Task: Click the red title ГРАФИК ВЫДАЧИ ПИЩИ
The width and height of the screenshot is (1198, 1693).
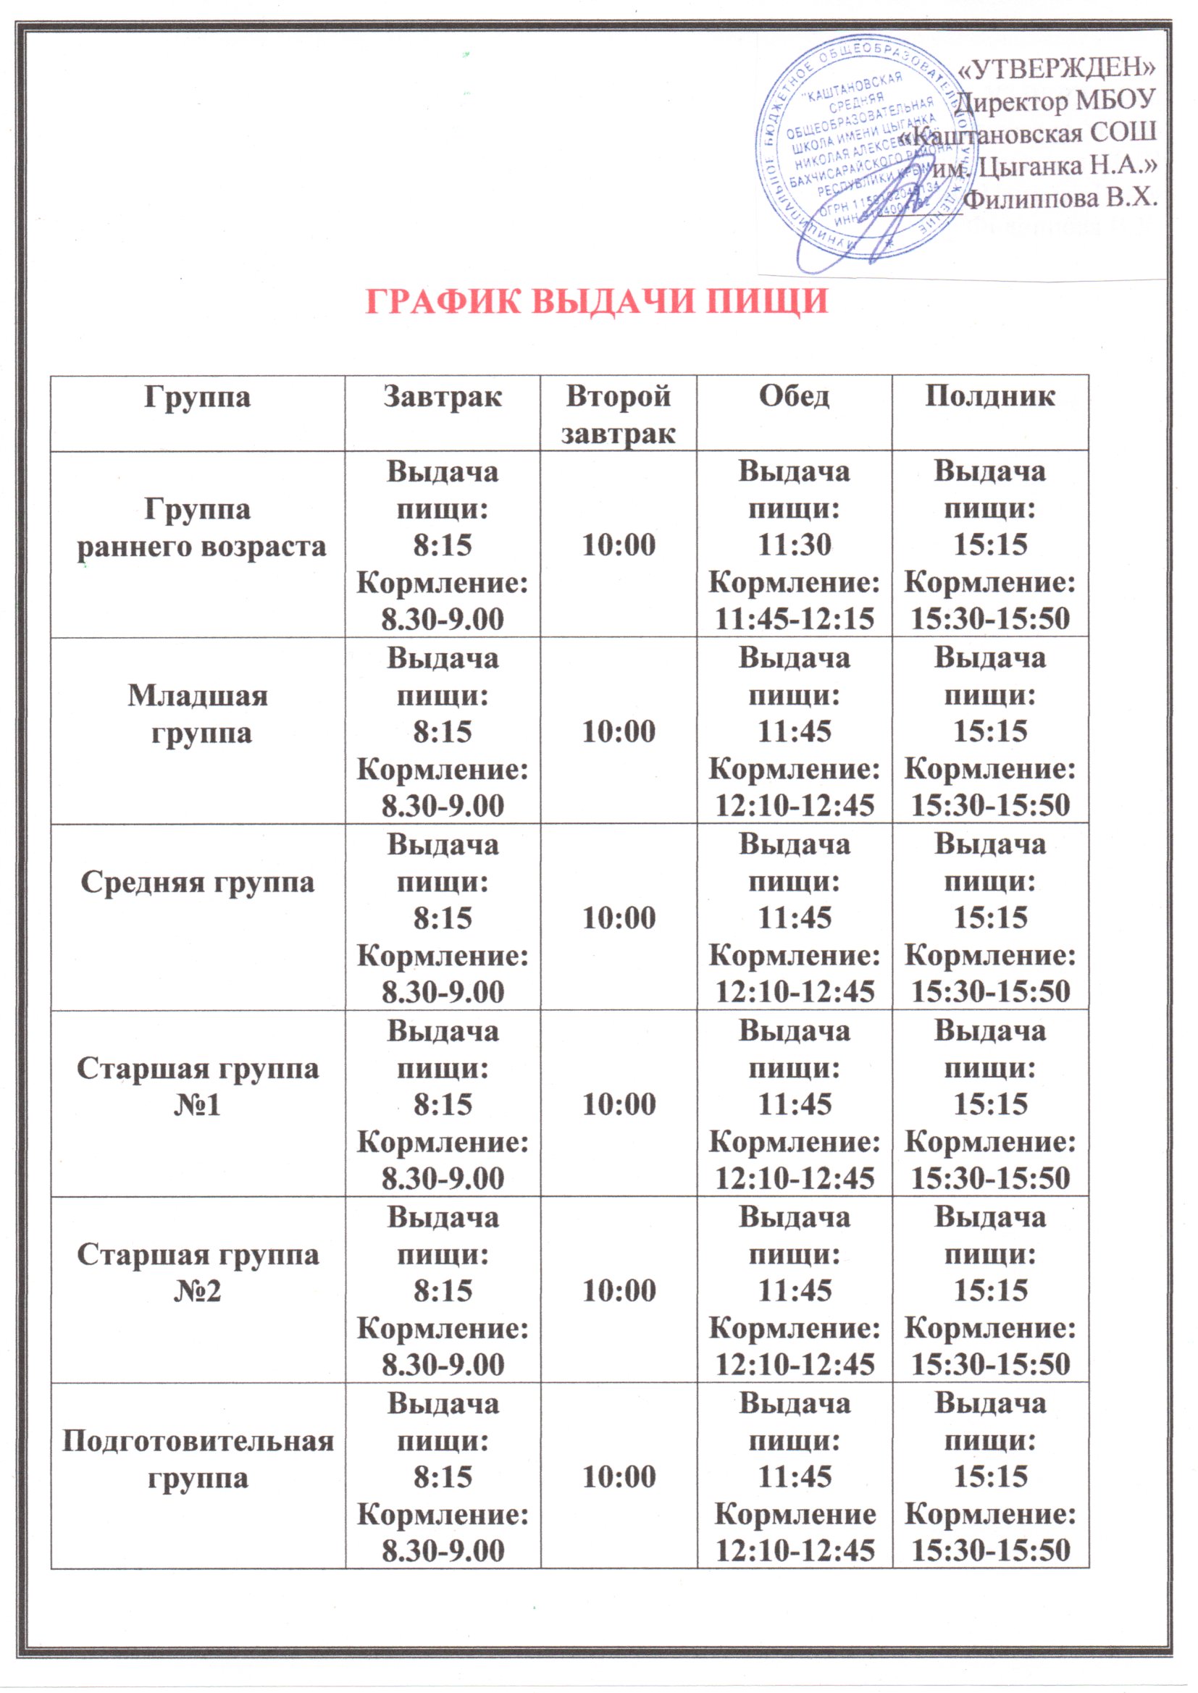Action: click(x=597, y=301)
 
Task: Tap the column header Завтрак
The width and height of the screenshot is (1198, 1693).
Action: click(x=442, y=397)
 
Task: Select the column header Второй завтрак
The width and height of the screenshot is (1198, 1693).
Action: click(x=618, y=414)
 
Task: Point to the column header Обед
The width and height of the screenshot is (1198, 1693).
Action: click(x=794, y=397)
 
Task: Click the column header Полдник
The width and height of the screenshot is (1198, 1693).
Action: click(x=990, y=397)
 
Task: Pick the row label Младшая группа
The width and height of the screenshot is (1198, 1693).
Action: click(x=198, y=714)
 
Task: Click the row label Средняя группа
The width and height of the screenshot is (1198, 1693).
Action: click(x=198, y=882)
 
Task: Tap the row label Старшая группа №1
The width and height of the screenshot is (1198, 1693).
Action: click(x=198, y=1087)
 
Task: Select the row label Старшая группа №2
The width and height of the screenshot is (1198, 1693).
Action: click(x=198, y=1274)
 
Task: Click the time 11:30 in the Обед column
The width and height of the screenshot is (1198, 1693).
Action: click(x=795, y=545)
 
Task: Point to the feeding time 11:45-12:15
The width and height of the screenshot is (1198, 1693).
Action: click(x=795, y=618)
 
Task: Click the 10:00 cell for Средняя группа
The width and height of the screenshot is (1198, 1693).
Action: click(x=619, y=918)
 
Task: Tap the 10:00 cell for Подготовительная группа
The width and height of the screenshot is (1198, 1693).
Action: click(x=619, y=1477)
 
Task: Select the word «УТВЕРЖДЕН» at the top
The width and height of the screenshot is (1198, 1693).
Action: click(x=1055, y=68)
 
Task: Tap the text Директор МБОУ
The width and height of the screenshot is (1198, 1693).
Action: click(x=1055, y=100)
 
